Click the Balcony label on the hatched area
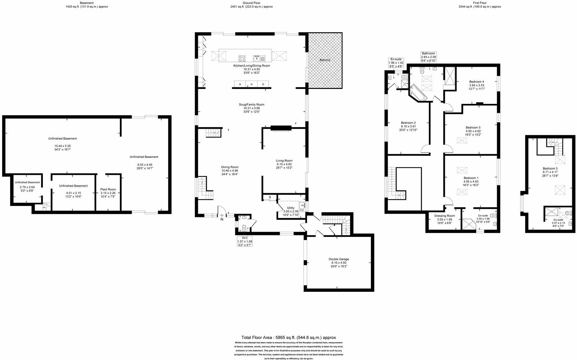(x=325, y=60)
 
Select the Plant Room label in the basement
(x=108, y=189)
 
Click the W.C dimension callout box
(x=245, y=241)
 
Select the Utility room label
(x=290, y=208)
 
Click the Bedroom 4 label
(x=476, y=82)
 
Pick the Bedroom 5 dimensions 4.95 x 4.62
(x=473, y=131)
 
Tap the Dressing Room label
(x=444, y=216)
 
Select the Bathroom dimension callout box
(x=428, y=57)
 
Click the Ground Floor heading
(x=252, y=3)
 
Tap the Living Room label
(x=284, y=161)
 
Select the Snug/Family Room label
(x=251, y=105)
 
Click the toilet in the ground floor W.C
(x=244, y=228)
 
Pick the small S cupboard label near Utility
(x=270, y=197)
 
